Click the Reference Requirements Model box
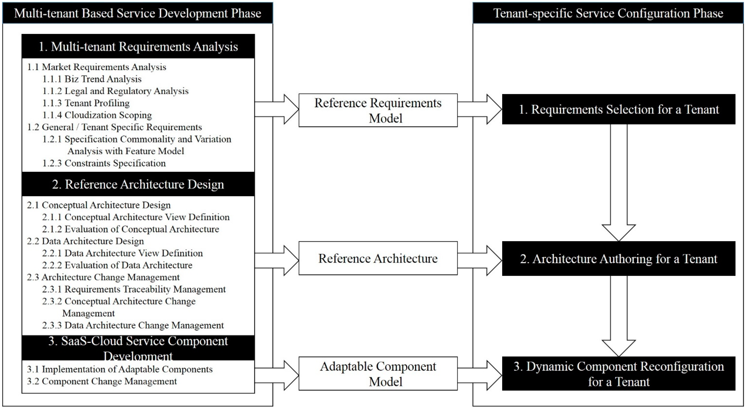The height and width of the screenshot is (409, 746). [378, 110]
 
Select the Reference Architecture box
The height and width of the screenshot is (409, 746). [378, 258]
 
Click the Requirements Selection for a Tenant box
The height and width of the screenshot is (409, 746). [619, 109]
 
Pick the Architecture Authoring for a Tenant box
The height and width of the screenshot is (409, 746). [619, 259]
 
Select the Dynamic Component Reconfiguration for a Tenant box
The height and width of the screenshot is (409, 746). [619, 374]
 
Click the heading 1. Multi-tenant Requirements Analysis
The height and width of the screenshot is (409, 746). [138, 47]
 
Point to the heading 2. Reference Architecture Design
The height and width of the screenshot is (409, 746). [138, 184]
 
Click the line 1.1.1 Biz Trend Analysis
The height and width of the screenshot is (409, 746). [92, 79]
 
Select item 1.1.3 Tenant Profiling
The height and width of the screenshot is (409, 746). [86, 103]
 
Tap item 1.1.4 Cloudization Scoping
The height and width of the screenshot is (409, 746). [97, 115]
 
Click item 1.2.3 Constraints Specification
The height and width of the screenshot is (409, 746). [104, 163]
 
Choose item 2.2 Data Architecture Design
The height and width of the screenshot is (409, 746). [85, 241]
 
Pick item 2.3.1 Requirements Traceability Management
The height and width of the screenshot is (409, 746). [134, 289]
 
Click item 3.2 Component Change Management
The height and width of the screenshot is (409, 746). [102, 381]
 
